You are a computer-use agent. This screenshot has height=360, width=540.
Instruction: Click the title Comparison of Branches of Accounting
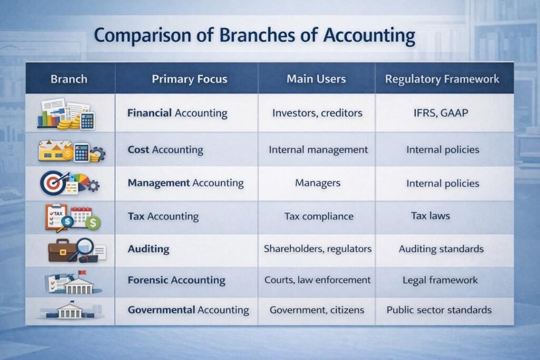coord(254,36)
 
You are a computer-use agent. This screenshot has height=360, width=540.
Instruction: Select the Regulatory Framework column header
coord(442,80)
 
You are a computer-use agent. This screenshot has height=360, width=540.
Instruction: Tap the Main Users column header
coord(316,79)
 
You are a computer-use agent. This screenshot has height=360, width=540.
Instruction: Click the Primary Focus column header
coord(189,80)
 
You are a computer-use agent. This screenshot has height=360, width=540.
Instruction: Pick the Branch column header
coord(69,80)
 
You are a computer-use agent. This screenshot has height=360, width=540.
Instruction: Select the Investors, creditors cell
coord(317,113)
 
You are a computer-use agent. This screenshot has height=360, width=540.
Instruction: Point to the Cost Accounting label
coord(165,150)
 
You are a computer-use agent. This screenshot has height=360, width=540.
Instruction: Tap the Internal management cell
coord(318,150)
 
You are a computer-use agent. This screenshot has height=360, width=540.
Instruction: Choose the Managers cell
coord(317,183)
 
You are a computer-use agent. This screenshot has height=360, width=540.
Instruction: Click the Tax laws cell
coord(430,216)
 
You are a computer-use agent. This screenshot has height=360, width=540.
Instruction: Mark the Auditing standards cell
coord(441,248)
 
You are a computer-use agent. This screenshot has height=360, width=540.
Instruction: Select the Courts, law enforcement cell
coord(317,280)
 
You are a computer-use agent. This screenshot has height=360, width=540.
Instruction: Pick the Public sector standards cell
coord(439,310)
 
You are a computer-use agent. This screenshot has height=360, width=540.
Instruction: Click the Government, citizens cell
coord(316,310)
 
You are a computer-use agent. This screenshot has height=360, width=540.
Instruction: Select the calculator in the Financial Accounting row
coord(87,120)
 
